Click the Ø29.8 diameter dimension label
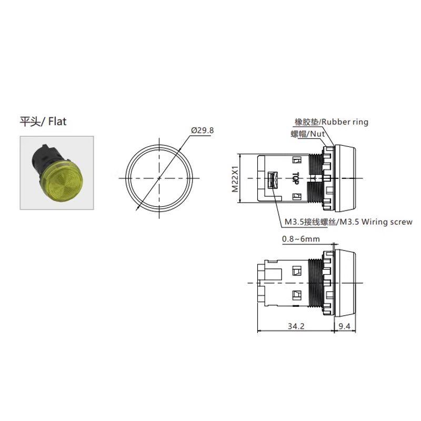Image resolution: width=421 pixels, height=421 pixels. [203, 131]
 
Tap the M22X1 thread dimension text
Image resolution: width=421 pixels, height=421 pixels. [235, 179]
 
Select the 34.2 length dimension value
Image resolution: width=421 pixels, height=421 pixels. [296, 326]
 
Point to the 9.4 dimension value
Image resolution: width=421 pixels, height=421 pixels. [345, 326]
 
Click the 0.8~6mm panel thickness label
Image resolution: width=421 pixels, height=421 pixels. [300, 239]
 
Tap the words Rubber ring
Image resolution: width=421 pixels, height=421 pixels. [345, 122]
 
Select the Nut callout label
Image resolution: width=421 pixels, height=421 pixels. [318, 134]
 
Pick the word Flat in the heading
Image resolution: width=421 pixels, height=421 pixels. [57, 122]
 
